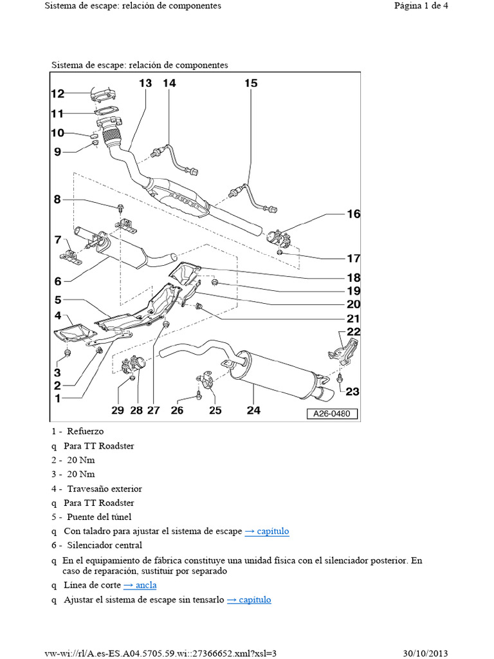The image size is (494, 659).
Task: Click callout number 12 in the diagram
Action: [58, 94]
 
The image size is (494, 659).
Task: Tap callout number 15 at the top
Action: [251, 83]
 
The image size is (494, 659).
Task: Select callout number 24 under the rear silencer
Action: [253, 410]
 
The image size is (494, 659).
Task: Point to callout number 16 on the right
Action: [353, 214]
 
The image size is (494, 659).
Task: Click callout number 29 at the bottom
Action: [117, 410]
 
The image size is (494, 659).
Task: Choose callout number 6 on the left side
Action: [57, 281]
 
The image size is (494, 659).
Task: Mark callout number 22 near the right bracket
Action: [353, 331]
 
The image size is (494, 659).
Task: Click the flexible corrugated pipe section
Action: [112, 136]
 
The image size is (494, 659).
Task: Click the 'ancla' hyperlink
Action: [140, 585]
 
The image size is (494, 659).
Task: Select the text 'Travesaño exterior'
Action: [104, 488]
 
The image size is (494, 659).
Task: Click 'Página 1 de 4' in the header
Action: [421, 6]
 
